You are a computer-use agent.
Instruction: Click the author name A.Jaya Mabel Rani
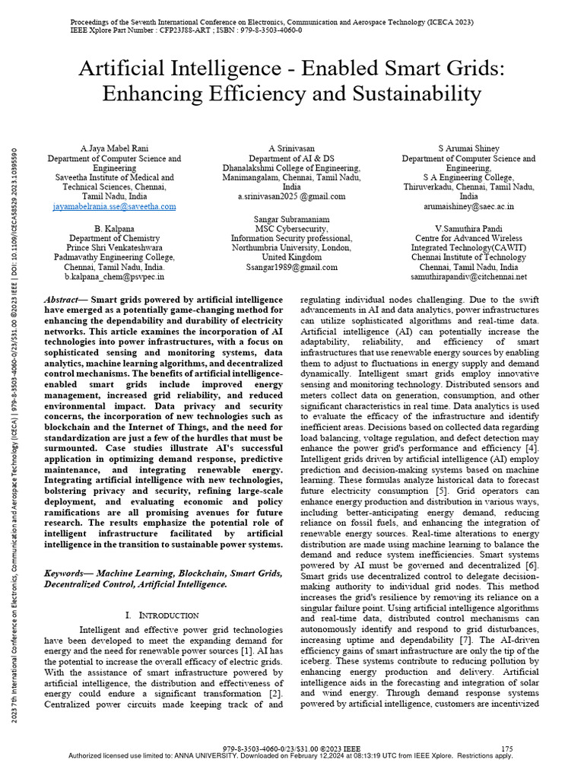(x=115, y=148)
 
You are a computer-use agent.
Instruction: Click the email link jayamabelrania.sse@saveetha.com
(x=115, y=206)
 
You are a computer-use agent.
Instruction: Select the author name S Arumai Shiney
(x=468, y=148)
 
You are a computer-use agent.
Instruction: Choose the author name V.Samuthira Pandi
(x=468, y=228)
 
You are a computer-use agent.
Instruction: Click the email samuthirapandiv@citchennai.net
(x=468, y=277)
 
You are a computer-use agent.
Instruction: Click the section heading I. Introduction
(x=161, y=615)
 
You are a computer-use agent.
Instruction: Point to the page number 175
(x=508, y=749)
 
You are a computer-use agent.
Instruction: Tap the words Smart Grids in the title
(x=446, y=69)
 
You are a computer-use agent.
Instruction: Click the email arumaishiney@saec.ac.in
(x=468, y=206)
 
